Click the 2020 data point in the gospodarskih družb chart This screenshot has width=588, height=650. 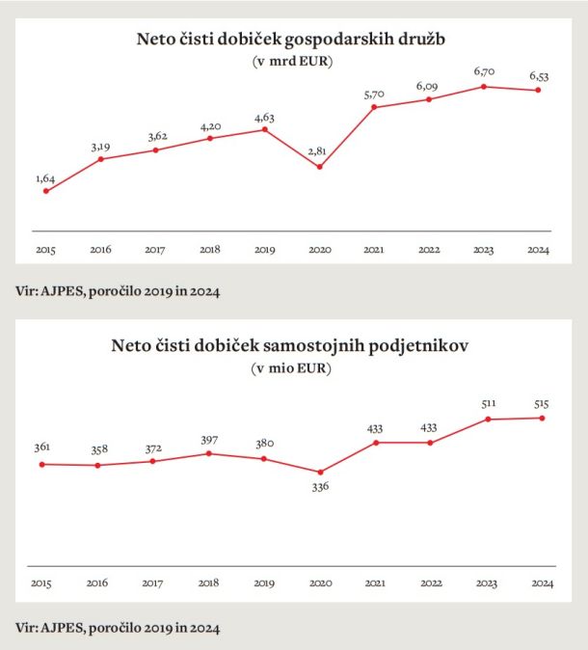coord(319,167)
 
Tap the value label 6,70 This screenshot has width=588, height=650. coord(484,71)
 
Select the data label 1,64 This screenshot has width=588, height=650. coord(45,178)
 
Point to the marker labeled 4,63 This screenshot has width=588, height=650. coord(265,130)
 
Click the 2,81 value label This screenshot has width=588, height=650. coord(317,151)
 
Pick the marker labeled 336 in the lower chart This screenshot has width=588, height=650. coord(320,473)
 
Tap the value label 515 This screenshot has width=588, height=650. coord(541,404)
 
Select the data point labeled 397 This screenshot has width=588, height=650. coord(209,454)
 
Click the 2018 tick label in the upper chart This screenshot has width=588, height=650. coord(210,250)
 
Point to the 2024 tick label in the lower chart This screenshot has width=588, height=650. coord(543,583)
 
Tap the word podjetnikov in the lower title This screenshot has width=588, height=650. coord(418,345)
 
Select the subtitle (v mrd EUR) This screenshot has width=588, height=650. coord(292,62)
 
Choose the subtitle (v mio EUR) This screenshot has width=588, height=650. coord(291,368)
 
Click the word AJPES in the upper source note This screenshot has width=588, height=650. coord(64,291)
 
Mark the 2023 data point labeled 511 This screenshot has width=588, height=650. coord(488,420)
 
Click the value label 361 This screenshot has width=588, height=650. coord(41,447)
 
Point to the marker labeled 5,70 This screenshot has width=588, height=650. coord(374,107)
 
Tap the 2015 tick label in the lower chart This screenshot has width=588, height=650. coord(41,583)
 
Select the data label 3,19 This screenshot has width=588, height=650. coord(100,148)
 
